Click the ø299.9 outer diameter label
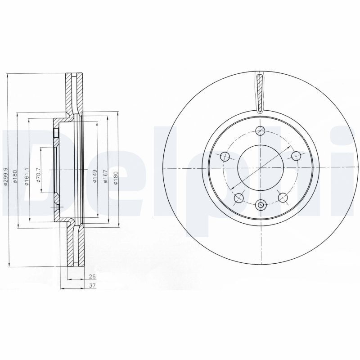[6, 177]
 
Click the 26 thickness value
[92, 277]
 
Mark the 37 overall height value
[92, 286]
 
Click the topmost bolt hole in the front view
[260, 131]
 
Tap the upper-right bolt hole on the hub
[296, 156]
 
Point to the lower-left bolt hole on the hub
[239, 197]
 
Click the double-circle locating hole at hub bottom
[261, 205]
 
